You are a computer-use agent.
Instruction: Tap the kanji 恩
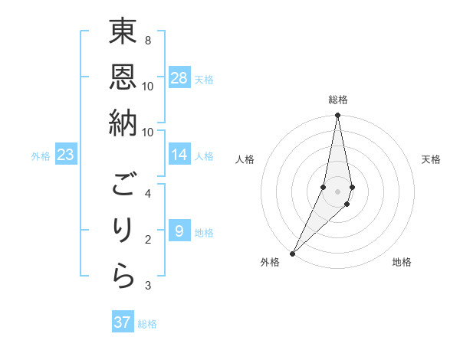(x=123, y=76)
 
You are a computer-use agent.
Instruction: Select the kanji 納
(x=123, y=122)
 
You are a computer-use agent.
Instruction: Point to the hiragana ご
(x=123, y=185)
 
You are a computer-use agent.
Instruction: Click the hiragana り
(x=123, y=231)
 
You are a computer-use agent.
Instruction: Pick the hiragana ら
(x=123, y=277)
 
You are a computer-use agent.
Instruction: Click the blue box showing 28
(x=179, y=78)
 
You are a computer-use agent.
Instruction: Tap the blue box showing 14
(x=179, y=155)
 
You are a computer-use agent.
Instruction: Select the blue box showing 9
(x=179, y=231)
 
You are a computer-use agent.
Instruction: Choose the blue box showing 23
(x=65, y=155)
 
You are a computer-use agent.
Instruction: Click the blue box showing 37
(x=123, y=322)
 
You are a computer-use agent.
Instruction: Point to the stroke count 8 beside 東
(x=147, y=40)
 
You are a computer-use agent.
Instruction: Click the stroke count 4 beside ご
(x=147, y=193)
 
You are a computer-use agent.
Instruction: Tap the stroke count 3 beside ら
(x=147, y=286)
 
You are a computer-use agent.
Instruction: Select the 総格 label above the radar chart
(x=337, y=100)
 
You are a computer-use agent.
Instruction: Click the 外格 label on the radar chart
(x=269, y=262)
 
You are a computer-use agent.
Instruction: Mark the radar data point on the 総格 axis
(x=337, y=116)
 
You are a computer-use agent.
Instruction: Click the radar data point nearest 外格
(x=292, y=253)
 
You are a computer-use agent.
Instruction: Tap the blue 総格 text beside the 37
(x=147, y=324)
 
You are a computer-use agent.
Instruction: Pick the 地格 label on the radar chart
(x=402, y=262)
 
